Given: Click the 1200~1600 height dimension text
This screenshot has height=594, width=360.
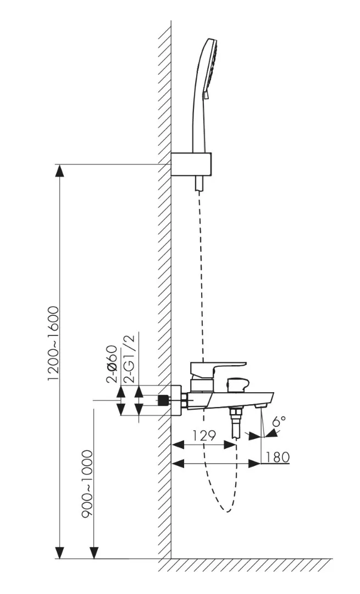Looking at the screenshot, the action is point(53,343).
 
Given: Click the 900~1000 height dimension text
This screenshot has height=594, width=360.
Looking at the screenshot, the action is point(87,484).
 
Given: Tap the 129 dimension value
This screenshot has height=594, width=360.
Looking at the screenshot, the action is point(204,436).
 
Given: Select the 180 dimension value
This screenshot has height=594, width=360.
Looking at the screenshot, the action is point(278,457).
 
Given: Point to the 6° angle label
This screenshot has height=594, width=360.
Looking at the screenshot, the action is point(280,421).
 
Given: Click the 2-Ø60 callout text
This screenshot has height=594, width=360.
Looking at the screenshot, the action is point(113,365).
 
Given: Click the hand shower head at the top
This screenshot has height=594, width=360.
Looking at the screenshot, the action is point(205,95).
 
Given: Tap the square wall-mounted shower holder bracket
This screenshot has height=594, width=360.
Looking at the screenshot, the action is point(191,164).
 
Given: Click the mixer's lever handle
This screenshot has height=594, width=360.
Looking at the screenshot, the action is point(218,368).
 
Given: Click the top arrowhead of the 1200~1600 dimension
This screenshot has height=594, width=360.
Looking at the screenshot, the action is point(59,170).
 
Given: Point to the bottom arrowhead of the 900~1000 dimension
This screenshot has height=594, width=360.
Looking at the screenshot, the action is point(94,553).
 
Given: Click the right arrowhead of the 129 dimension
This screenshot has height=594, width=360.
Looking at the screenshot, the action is point(230,444).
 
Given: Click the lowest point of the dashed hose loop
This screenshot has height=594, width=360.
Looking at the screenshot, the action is point(227,512).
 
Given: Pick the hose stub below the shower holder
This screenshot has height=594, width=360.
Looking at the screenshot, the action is point(200,183).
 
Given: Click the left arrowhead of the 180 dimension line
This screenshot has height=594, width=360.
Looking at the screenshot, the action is point(178,463).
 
